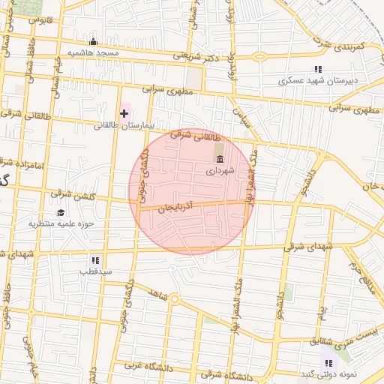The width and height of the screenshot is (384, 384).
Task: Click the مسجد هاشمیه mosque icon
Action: point(93,42)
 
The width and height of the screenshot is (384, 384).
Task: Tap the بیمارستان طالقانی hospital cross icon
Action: point(124,113)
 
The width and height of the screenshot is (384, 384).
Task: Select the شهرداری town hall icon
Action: point(220,158)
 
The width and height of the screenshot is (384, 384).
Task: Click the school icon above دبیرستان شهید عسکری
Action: point(318,69)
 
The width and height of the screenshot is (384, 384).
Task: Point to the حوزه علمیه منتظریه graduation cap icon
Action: point(60,212)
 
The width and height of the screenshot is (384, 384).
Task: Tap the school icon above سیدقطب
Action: point(94,260)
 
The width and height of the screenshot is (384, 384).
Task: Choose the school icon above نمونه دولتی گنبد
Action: point(328,363)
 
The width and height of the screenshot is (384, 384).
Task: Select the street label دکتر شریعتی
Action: point(196,55)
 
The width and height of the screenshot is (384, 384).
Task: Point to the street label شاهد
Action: point(156,291)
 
